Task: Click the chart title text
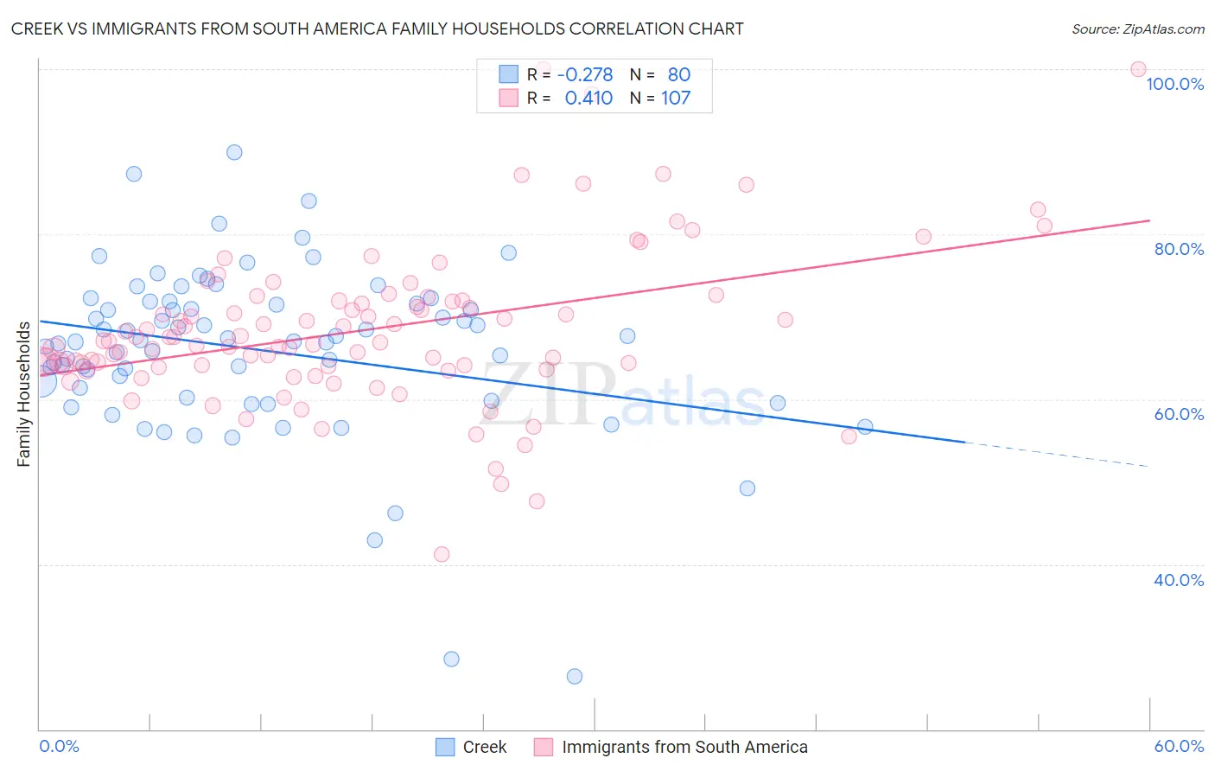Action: (377, 29)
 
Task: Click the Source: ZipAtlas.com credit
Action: (1137, 29)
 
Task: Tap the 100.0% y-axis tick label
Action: (1174, 84)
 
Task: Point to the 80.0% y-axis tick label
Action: (1179, 249)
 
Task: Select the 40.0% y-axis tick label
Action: (1179, 580)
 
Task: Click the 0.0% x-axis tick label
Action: (59, 746)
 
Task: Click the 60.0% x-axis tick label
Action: (1179, 746)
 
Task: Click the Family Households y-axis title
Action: (24, 394)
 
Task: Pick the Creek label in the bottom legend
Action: (484, 747)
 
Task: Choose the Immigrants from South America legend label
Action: (684, 747)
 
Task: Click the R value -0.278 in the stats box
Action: (585, 75)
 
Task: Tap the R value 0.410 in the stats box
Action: (588, 99)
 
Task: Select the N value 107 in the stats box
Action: (676, 99)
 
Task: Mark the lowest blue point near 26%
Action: (575, 677)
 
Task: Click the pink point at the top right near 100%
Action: (1138, 69)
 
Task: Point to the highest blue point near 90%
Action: (234, 152)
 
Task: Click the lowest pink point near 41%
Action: (442, 554)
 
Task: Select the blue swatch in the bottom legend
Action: (445, 747)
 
